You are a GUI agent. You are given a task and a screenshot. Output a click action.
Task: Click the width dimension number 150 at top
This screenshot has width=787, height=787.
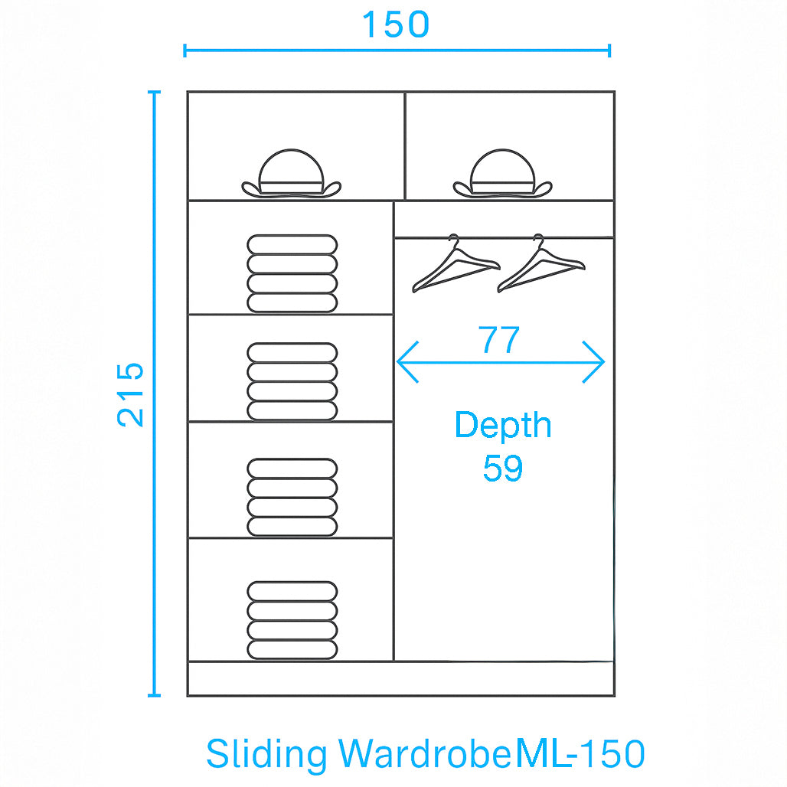pos(395,24)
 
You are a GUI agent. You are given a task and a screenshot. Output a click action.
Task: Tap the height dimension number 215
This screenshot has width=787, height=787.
pos(131,393)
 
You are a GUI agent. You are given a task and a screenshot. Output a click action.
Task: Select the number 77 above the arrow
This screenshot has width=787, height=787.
pos(499,340)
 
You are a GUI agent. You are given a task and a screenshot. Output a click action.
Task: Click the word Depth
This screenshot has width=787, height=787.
pos(502,426)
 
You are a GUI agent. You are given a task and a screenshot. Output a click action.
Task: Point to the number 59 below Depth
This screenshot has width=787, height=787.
pos(502,468)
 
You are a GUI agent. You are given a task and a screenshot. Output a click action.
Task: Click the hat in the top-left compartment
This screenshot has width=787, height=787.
pos(291,175)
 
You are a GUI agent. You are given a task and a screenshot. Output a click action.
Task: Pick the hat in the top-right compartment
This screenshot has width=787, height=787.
pos(501,175)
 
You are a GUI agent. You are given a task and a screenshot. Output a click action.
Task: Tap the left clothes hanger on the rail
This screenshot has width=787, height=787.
pos(456,265)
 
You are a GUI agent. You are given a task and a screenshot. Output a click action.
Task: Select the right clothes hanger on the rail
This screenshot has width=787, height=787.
pos(540,265)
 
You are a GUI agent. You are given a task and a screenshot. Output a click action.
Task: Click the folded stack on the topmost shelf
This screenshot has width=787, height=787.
pos(292,273)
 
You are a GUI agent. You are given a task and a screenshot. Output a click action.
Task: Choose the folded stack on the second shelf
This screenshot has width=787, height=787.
pos(292,381)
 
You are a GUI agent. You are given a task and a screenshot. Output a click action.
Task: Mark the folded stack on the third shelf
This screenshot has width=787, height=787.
pos(292,497)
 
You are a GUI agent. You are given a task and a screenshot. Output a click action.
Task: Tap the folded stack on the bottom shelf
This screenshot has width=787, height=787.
pos(292,620)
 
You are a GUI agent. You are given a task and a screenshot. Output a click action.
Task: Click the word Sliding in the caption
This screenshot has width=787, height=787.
pos(266,755)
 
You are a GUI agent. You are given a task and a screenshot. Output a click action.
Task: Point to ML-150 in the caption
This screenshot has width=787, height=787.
pos(580,754)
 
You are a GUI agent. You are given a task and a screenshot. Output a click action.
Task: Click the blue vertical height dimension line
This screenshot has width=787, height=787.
pos(155,536)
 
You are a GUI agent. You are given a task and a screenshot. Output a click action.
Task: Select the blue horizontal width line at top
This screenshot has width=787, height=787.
pos(306,51)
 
